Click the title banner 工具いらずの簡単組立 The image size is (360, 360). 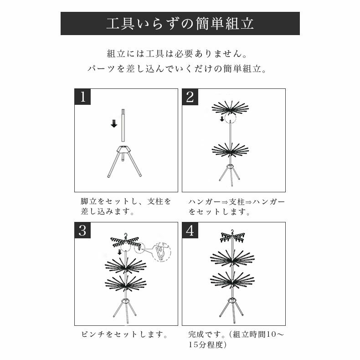click(180, 23)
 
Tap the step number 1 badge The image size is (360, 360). click(82, 97)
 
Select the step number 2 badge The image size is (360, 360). click(190, 97)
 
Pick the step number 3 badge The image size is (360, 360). click(82, 231)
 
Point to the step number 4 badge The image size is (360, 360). click(190, 231)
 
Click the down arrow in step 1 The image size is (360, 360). click(114, 123)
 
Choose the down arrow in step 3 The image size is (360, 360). click(119, 252)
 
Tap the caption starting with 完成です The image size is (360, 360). click(237, 339)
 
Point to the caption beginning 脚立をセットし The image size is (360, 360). click(126, 206)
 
